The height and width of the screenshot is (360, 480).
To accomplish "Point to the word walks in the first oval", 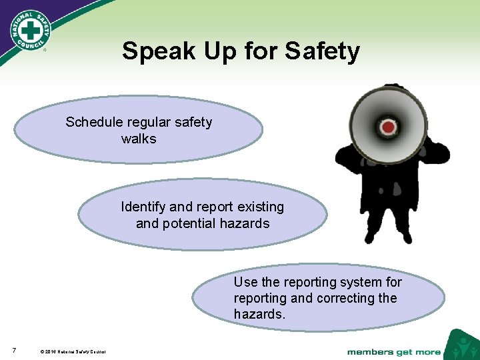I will pos(139,139).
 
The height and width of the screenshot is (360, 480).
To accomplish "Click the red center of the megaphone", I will pos(387,126).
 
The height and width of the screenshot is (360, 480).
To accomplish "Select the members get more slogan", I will pos(393,351).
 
